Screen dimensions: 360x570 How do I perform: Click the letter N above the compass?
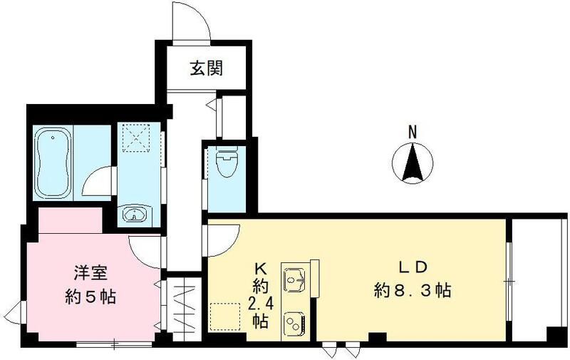[412, 131]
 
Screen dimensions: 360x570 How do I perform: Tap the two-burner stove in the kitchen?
[294, 322]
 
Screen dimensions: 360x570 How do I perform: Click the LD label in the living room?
[412, 268]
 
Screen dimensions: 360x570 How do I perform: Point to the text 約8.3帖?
[412, 291]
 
